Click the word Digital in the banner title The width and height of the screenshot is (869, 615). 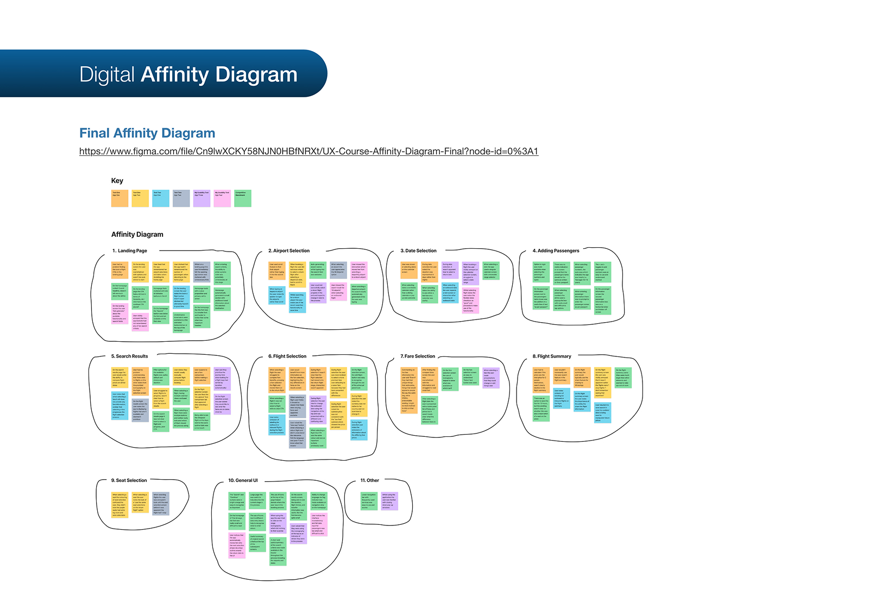tap(107, 74)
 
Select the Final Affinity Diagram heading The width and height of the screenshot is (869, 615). tap(147, 133)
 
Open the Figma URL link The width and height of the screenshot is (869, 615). tap(308, 151)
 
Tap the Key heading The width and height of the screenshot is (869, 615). tap(117, 181)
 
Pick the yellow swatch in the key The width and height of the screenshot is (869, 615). tap(140, 198)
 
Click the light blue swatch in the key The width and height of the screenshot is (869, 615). tap(161, 198)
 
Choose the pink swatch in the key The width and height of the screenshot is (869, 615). tap(222, 198)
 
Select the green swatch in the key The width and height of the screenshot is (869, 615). tap(243, 198)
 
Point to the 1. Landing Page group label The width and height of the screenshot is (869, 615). tap(130, 251)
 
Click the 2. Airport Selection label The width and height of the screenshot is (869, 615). tap(289, 251)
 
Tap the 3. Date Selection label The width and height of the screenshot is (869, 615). tap(418, 251)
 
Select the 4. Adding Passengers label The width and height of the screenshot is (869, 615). tap(556, 251)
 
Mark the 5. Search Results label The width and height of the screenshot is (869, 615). tap(130, 356)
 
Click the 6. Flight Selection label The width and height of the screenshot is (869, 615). tap(287, 356)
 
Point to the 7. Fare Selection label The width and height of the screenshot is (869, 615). tap(418, 356)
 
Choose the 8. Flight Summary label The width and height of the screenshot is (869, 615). tap(552, 356)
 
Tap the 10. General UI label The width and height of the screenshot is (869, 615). tap(243, 481)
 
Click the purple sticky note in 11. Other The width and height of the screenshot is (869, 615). tap(389, 501)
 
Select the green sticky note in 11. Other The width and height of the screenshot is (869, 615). tap(369, 501)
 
